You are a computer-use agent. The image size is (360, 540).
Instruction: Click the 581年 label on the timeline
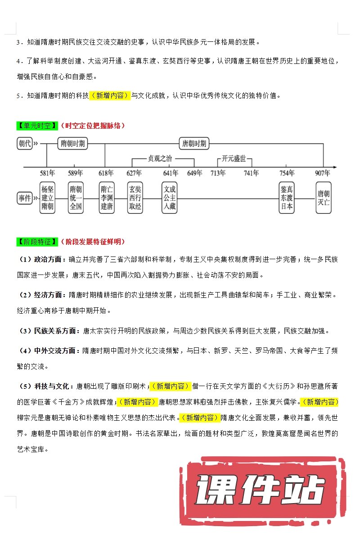[47, 173]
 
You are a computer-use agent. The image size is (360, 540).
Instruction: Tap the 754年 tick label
[287, 173]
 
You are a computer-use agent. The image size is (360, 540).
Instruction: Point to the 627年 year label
[134, 173]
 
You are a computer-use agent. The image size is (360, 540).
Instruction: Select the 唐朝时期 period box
[193, 144]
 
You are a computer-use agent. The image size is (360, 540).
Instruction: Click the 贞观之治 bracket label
[160, 158]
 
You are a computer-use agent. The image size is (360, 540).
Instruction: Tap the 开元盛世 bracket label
[234, 158]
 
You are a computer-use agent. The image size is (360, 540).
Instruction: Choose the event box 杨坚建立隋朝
[47, 198]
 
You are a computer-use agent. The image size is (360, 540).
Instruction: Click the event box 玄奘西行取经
[135, 198]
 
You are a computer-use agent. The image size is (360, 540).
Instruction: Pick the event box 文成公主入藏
[169, 198]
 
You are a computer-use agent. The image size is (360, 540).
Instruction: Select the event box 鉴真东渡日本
[287, 198]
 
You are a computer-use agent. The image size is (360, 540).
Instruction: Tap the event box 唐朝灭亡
[323, 198]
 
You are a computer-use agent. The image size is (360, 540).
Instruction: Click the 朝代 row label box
[25, 144]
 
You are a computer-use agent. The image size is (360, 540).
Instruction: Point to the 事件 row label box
[25, 198]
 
